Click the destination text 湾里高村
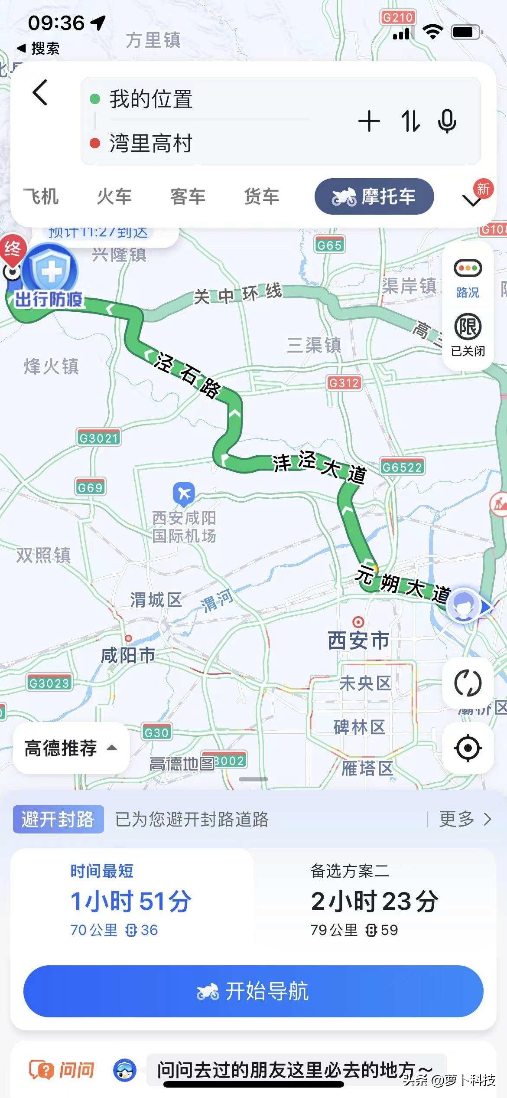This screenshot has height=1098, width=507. point(150,143)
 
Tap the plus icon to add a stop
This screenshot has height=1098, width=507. point(369,121)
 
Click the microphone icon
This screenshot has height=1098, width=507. point(447,121)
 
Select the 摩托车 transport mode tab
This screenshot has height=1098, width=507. point(374,196)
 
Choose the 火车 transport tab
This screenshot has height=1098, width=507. point(114,196)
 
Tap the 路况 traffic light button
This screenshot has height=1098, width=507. point(468,278)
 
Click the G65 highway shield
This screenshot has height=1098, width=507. point(329,245)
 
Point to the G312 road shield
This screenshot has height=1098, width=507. point(344,383)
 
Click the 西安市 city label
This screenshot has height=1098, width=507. point(358,640)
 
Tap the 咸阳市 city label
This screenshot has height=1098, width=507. point(128,655)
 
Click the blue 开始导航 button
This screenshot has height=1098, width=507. point(253,991)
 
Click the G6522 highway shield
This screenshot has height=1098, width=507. point(402,467)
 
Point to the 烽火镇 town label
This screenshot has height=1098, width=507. point(51,366)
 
